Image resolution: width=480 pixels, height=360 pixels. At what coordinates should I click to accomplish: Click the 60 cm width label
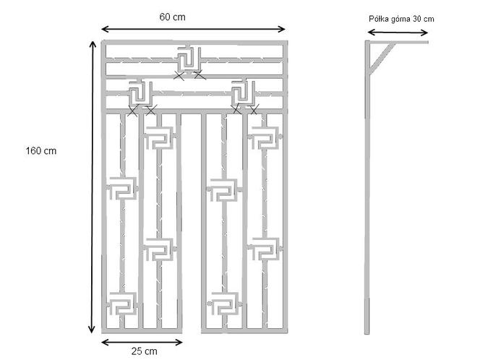[172, 17]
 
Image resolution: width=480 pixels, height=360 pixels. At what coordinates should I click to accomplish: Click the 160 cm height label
[41, 151]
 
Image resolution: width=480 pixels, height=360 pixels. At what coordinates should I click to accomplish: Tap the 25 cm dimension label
[145, 351]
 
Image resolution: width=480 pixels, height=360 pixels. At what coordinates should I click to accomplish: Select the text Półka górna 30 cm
[401, 19]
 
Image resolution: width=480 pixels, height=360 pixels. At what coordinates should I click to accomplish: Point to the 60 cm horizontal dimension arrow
[193, 30]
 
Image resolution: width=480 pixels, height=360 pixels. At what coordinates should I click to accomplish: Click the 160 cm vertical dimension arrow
[92, 187]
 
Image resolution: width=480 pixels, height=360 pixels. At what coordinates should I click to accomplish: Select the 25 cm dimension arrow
[142, 342]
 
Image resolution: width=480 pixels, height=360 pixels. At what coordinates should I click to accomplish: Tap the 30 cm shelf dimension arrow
[398, 33]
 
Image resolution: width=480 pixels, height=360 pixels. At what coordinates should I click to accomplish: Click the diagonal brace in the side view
[382, 58]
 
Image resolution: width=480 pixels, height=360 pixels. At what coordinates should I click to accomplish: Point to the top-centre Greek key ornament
[189, 59]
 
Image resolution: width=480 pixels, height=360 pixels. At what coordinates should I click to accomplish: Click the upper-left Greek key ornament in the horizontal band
[140, 92]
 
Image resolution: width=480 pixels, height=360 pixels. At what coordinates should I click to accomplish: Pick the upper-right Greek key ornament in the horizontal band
[244, 92]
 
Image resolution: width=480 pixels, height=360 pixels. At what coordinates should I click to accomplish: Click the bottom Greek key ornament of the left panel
[122, 304]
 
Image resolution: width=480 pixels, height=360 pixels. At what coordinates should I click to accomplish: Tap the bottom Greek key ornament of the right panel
[224, 304]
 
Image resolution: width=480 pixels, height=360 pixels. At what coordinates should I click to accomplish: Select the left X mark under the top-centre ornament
[179, 75]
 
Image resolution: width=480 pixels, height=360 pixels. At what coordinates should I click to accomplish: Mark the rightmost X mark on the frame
[254, 110]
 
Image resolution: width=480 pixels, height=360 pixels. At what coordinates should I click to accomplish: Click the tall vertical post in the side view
[367, 187]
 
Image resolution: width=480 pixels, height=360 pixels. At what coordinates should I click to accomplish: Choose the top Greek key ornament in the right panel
[265, 137]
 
